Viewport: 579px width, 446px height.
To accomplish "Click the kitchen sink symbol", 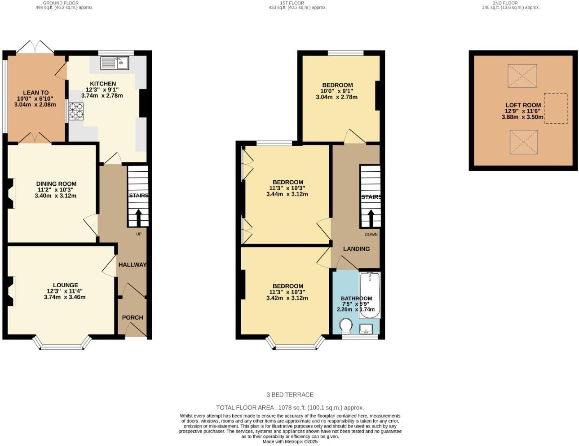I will [x=115, y=62].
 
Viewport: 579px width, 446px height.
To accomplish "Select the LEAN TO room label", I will [x=36, y=93].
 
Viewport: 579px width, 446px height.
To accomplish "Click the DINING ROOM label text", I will [x=56, y=183].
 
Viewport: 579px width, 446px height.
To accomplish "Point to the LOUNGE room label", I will [x=65, y=285].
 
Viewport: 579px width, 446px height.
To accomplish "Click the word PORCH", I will [x=133, y=317].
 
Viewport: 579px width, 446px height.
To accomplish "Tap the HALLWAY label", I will [x=133, y=265].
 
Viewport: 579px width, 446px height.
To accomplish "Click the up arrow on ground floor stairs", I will [x=138, y=218].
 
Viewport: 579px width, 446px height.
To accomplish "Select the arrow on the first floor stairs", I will [x=371, y=219].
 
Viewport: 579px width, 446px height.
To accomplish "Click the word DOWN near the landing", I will [x=371, y=234].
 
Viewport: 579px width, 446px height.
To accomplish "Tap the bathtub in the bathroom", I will [x=370, y=295].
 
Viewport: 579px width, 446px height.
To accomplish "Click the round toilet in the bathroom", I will [x=346, y=326].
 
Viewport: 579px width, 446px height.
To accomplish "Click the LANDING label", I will [x=356, y=249].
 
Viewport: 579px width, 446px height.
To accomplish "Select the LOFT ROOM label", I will [x=523, y=105].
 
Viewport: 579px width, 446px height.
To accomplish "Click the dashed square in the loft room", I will [x=556, y=108].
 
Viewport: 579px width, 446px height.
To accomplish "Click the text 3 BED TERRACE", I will [x=290, y=395].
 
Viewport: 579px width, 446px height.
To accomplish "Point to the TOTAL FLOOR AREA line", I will [x=290, y=407].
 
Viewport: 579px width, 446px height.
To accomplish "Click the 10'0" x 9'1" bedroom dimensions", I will [x=336, y=91].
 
